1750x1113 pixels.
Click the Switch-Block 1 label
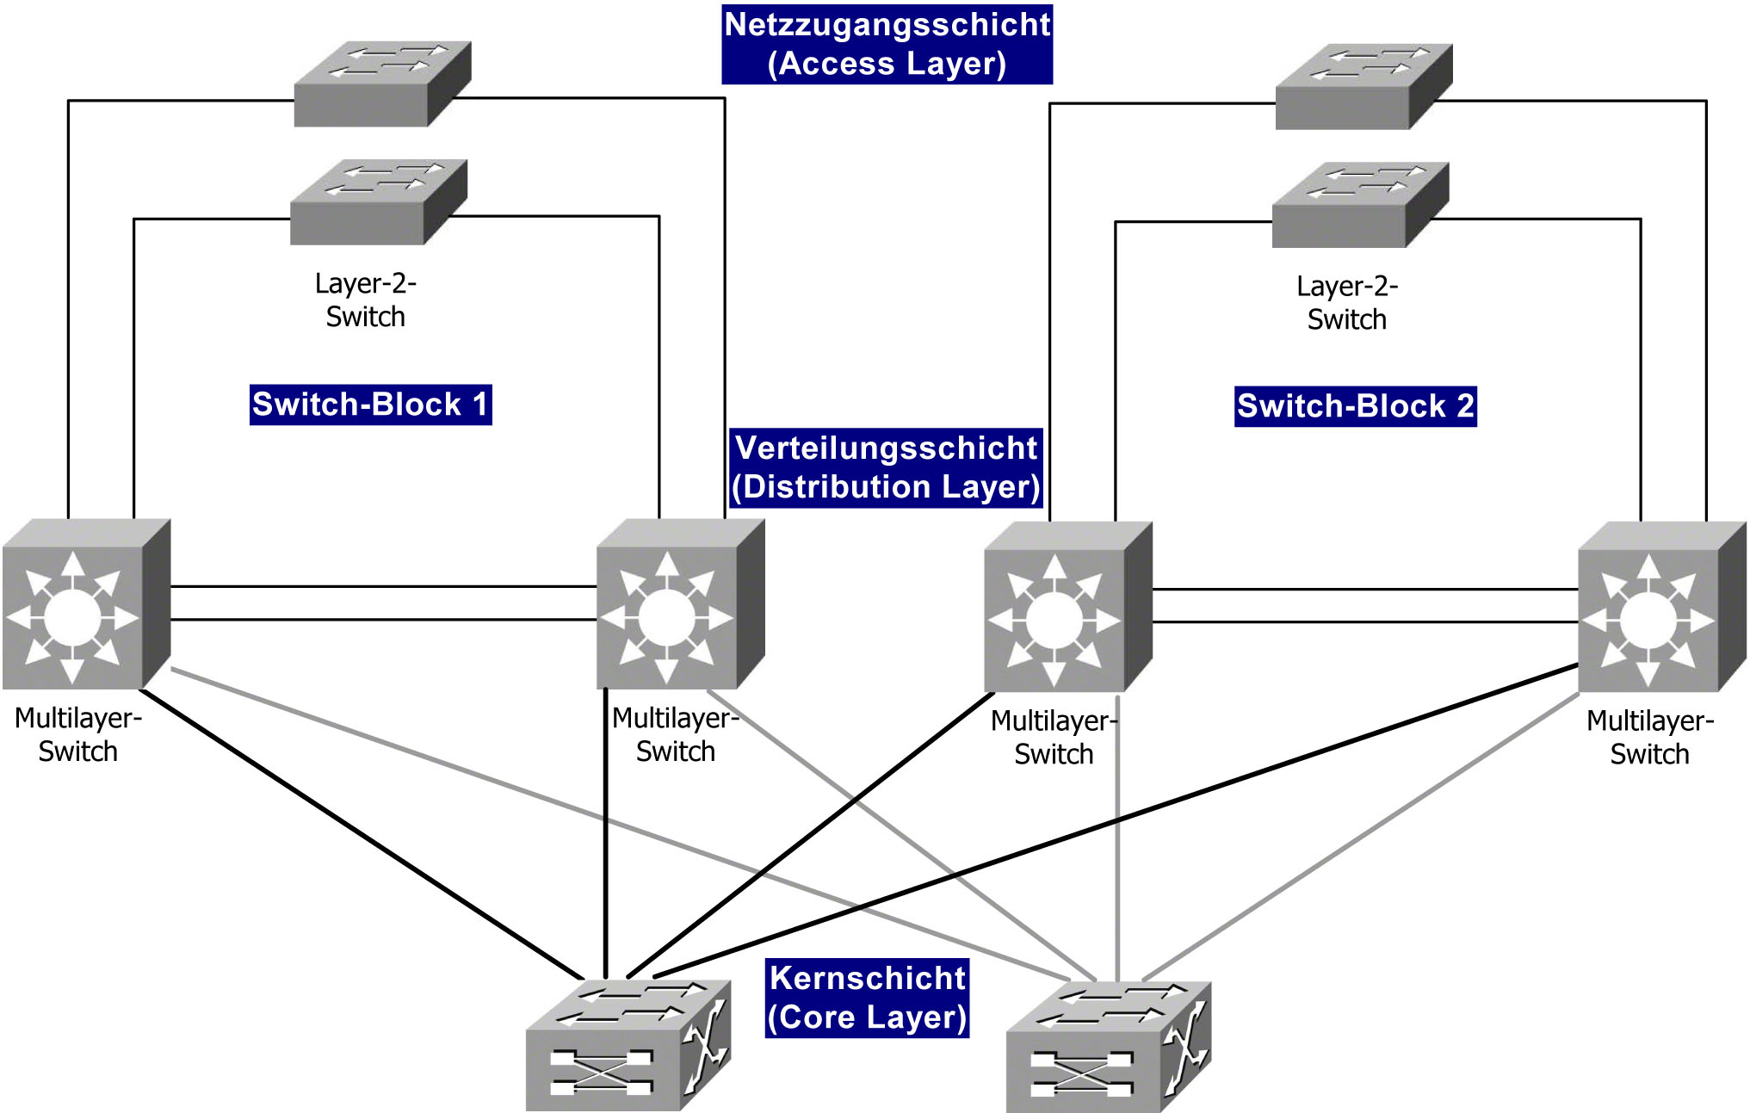click(x=370, y=405)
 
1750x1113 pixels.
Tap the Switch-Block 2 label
click(x=1355, y=406)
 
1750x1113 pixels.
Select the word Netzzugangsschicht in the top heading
click(x=887, y=25)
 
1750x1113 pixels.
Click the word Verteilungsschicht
click(x=886, y=448)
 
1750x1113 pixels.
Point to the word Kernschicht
click(x=867, y=979)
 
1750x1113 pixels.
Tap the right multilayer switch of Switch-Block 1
click(x=679, y=605)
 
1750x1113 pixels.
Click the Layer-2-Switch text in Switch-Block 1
click(x=365, y=300)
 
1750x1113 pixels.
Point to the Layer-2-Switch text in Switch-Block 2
click(x=1347, y=303)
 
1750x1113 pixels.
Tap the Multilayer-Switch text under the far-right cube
click(x=1649, y=738)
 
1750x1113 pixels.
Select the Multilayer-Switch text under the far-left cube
click(x=77, y=735)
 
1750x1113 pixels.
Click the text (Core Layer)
click(x=867, y=1017)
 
